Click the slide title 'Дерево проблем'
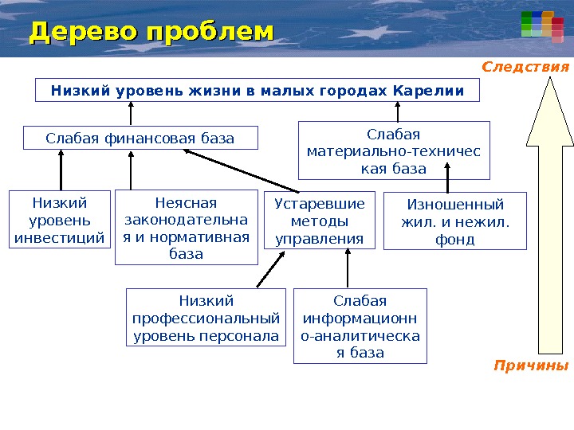(x=151, y=33)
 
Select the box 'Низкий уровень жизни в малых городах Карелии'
(x=258, y=90)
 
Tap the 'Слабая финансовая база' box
(x=140, y=139)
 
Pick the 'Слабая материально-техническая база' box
(x=394, y=150)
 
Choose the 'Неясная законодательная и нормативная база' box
(x=187, y=228)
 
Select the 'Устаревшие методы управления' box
(x=319, y=220)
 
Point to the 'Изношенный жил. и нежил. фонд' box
(x=455, y=221)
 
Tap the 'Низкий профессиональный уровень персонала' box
(x=206, y=318)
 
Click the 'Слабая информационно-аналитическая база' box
(x=360, y=326)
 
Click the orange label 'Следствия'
(x=526, y=67)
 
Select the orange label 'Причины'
(x=532, y=366)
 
